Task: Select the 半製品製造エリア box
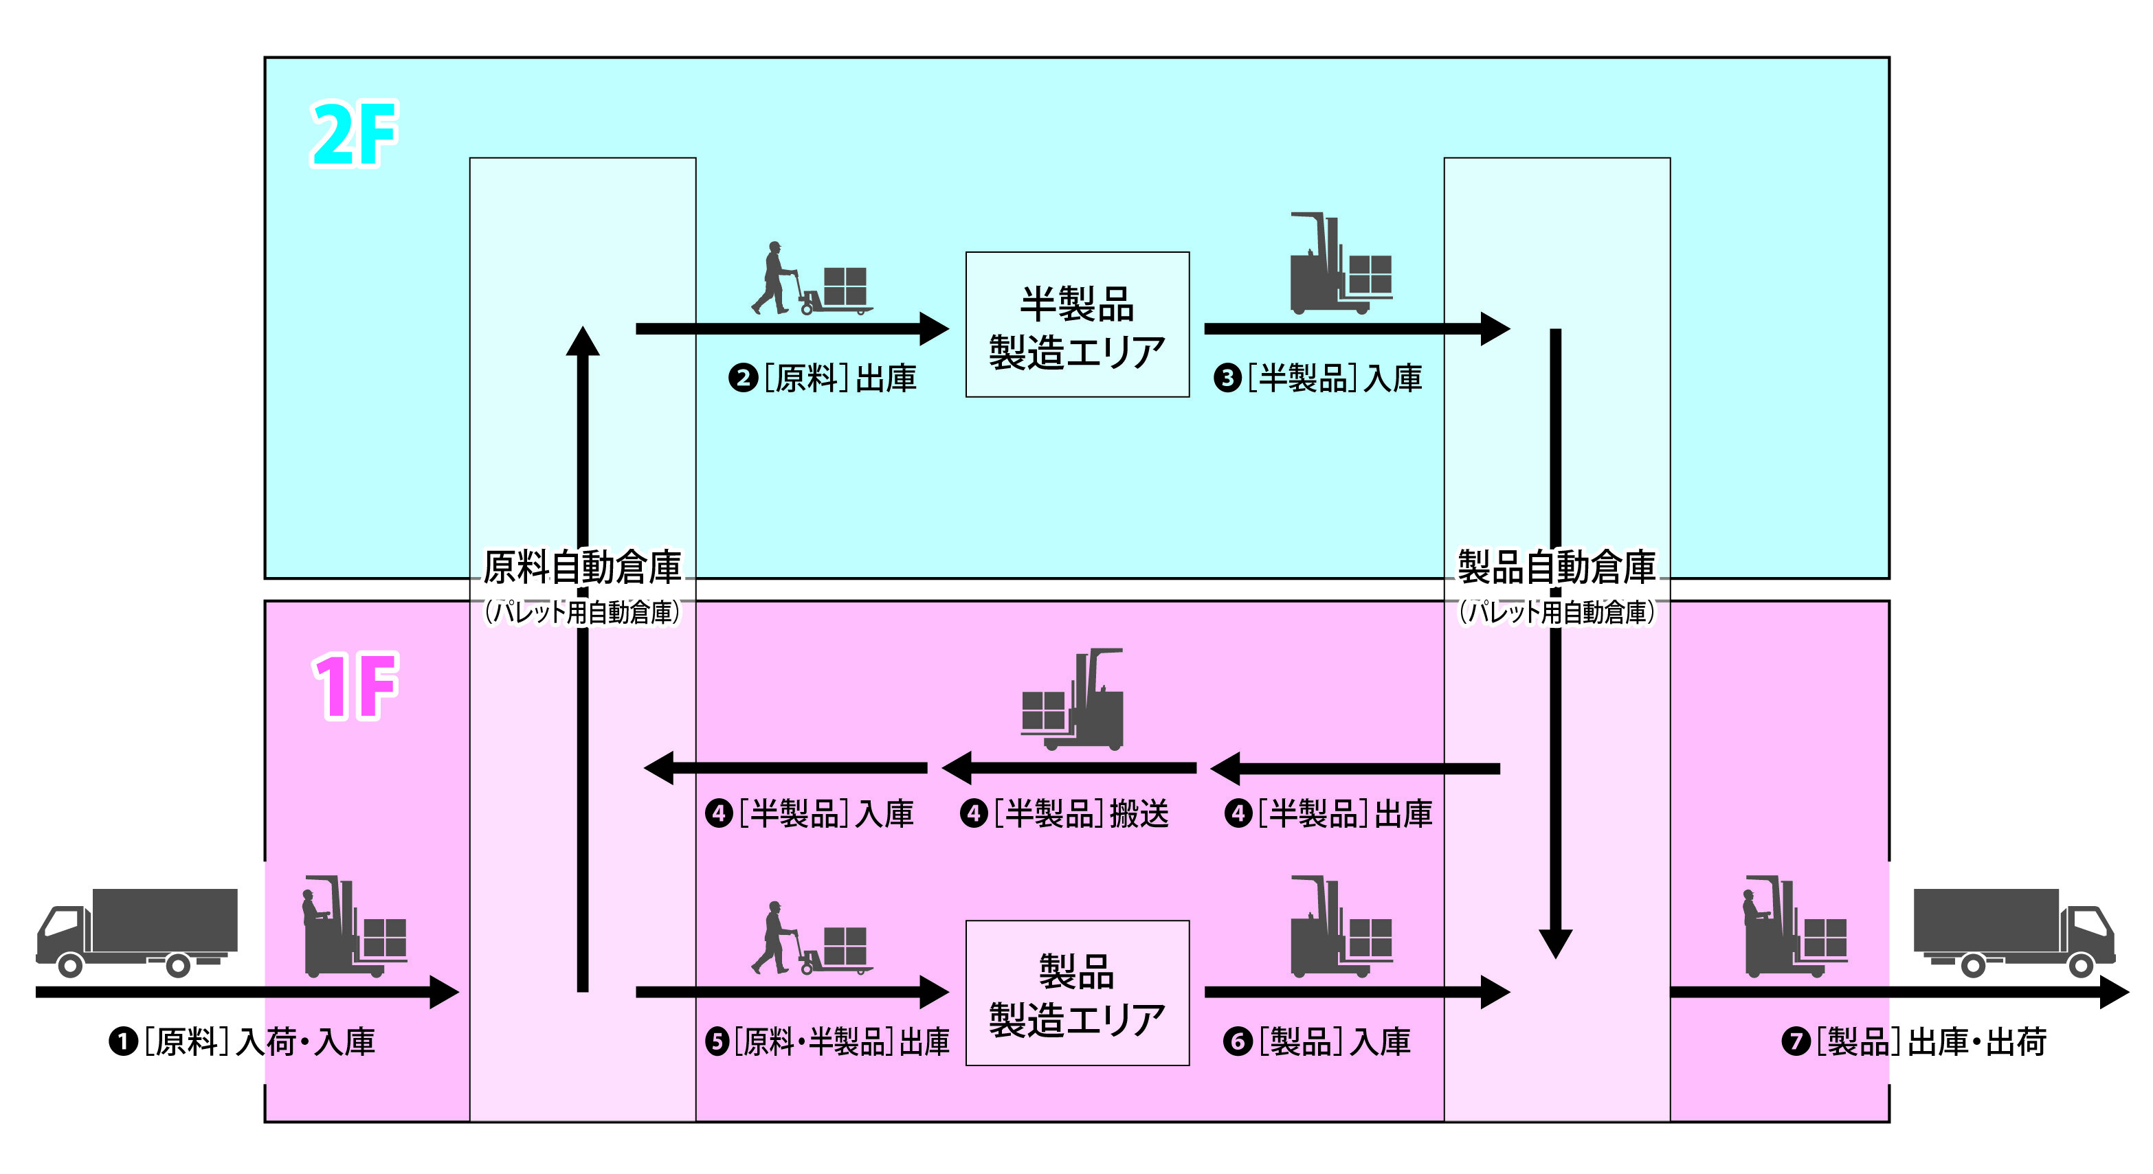[x=1078, y=324]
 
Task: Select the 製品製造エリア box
[x=1078, y=993]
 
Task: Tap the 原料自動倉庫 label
[x=583, y=568]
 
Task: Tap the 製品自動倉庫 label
[x=1557, y=568]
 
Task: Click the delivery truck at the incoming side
[x=137, y=932]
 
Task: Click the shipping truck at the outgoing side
[x=2014, y=932]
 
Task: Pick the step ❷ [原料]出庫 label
[x=823, y=379]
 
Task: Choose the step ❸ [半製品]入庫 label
[x=1318, y=379]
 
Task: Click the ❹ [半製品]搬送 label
[x=1064, y=813]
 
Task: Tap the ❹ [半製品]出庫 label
[x=1329, y=813]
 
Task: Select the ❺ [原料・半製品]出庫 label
[x=827, y=1042]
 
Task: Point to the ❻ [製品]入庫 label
[x=1317, y=1042]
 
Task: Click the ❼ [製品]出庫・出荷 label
[x=1914, y=1042]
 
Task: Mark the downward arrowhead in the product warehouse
[x=1555, y=942]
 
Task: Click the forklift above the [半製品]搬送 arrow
[x=1072, y=699]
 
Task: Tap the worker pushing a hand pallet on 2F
[x=773, y=278]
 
